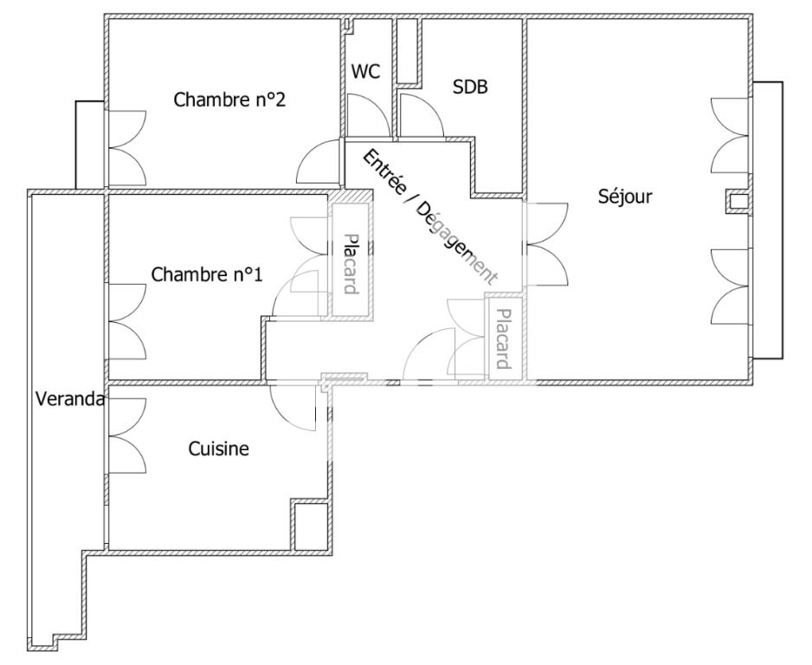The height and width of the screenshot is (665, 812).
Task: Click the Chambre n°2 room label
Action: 229,100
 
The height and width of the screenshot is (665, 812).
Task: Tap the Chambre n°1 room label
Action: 207,274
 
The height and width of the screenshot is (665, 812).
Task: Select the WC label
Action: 365,71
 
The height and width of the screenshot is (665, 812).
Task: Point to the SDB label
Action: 470,87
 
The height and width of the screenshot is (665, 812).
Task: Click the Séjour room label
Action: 625,197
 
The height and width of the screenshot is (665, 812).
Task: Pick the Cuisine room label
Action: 218,449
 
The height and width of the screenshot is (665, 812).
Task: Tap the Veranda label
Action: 70,399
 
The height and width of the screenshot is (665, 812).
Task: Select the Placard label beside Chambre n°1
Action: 351,263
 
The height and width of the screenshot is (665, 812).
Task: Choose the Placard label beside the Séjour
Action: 503,339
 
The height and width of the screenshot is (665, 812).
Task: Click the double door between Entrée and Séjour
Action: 547,244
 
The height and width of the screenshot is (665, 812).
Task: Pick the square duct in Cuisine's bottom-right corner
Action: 310,526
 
